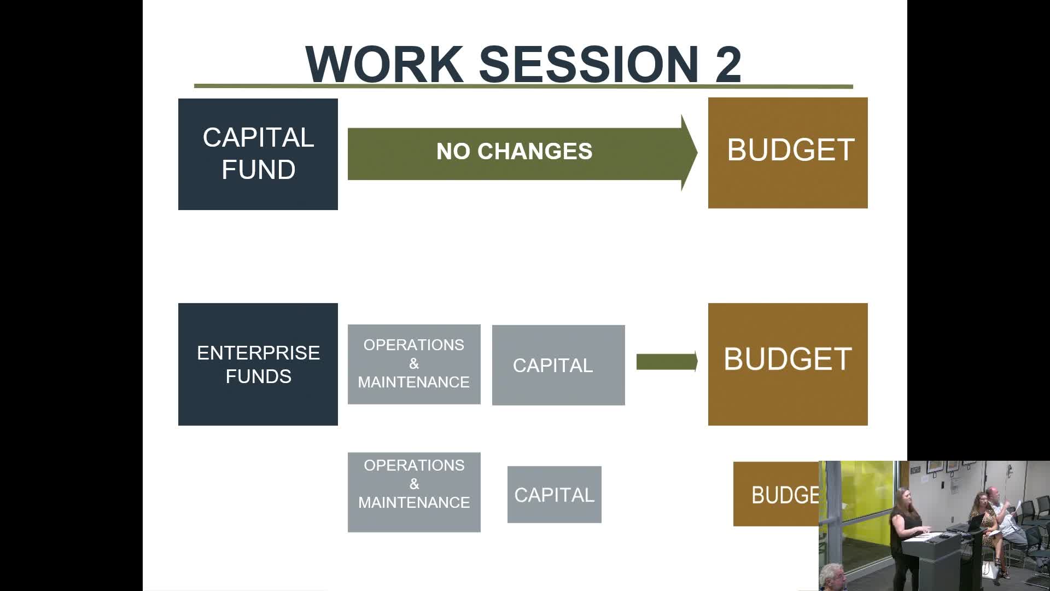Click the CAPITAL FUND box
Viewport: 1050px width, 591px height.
coord(258,154)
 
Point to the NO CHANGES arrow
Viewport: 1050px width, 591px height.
coord(522,153)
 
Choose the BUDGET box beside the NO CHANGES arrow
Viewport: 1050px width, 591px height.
coord(788,153)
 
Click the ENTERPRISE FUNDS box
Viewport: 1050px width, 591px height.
coord(258,364)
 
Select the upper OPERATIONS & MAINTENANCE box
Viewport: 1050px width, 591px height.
coord(414,364)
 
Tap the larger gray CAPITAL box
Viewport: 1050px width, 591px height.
coord(558,365)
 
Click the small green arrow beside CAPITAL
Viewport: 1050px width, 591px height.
coord(667,362)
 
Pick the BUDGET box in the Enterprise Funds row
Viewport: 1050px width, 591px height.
coord(788,364)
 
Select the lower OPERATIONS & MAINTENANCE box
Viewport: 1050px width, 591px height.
coord(414,492)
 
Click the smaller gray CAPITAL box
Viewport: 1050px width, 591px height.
coord(555,495)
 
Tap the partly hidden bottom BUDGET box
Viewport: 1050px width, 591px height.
coord(776,494)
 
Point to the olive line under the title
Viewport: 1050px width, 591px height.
coord(523,86)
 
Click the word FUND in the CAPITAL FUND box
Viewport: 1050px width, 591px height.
coord(259,170)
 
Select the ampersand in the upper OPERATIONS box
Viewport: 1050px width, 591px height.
coord(414,364)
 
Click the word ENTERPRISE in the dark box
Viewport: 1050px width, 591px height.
coord(259,353)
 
